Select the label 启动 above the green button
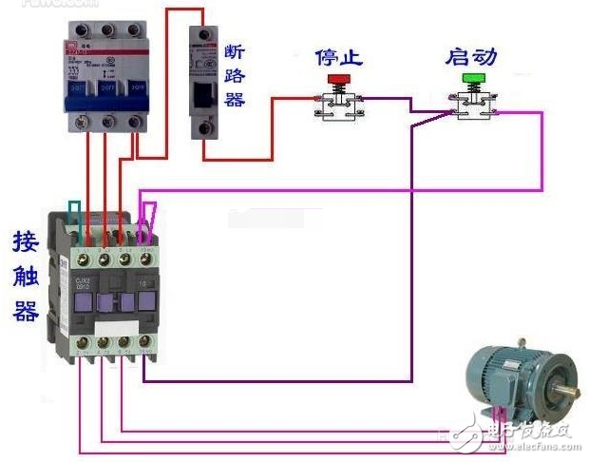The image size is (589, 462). coord(471,56)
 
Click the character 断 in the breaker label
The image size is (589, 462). coord(237,51)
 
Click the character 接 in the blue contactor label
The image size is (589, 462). coord(26,241)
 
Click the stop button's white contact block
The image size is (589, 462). coord(337,107)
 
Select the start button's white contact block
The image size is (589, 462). coord(471,107)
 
